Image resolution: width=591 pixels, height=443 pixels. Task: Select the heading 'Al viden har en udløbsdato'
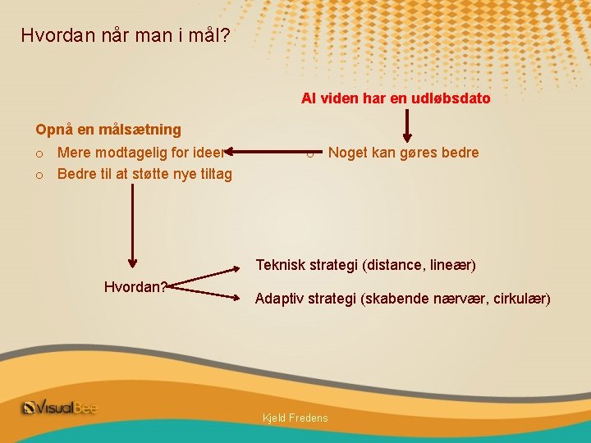[396, 98]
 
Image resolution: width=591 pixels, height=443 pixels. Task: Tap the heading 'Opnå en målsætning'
[108, 130]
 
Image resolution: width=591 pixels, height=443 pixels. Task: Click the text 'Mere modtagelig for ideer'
[140, 153]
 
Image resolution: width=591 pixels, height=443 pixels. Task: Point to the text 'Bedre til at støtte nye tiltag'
[144, 174]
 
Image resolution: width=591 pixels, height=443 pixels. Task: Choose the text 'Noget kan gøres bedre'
[403, 153]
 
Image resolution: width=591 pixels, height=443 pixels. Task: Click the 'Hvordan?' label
[135, 287]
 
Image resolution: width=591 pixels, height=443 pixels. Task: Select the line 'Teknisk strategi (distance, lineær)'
[365, 265]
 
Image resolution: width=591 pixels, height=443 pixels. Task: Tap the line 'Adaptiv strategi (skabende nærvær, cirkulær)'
[402, 299]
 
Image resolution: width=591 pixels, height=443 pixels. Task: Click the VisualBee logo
[59, 408]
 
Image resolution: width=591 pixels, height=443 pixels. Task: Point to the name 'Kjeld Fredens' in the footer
[295, 418]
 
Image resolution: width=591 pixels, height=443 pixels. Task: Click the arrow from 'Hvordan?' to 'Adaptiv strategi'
[209, 290]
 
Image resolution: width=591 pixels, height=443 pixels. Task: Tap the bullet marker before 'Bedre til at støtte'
[39, 175]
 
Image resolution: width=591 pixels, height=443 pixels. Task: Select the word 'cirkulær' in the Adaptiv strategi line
[523, 299]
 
